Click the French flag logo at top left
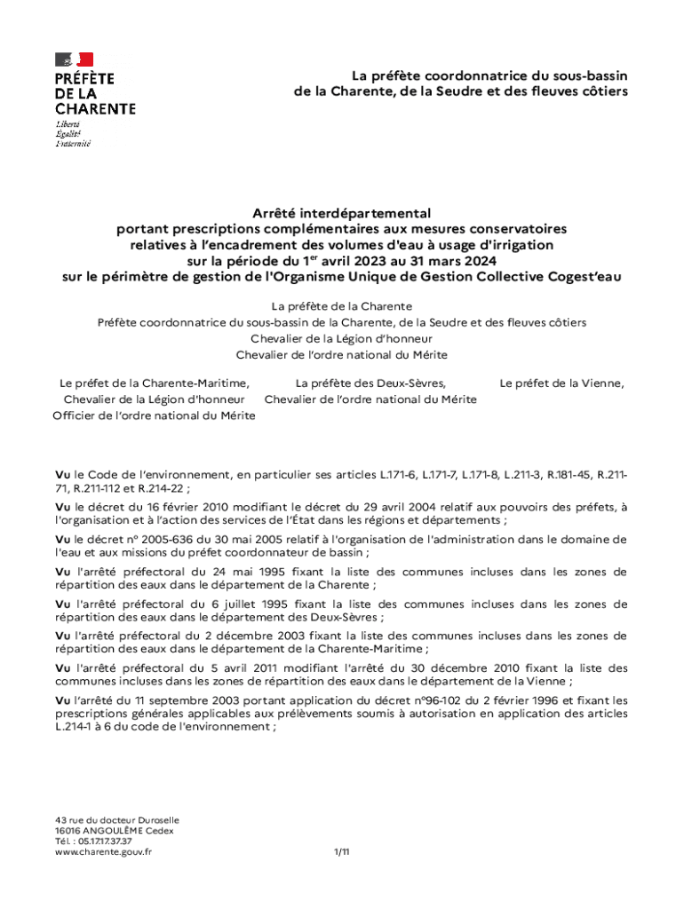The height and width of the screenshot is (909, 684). pos(75,60)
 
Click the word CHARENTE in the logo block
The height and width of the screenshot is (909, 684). pos(95,108)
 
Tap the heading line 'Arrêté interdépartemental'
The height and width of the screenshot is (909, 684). pos(341,213)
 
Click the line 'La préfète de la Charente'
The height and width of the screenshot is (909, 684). pos(341,306)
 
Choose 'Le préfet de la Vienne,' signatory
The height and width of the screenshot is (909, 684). pos(561,383)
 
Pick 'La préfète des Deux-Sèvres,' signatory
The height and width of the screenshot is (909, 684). pos(370,383)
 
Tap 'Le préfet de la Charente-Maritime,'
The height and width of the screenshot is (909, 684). pos(154,383)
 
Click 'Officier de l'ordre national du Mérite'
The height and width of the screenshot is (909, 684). pos(154,415)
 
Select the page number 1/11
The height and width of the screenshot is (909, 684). pos(342,851)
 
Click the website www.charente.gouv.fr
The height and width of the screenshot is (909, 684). pos(103,851)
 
